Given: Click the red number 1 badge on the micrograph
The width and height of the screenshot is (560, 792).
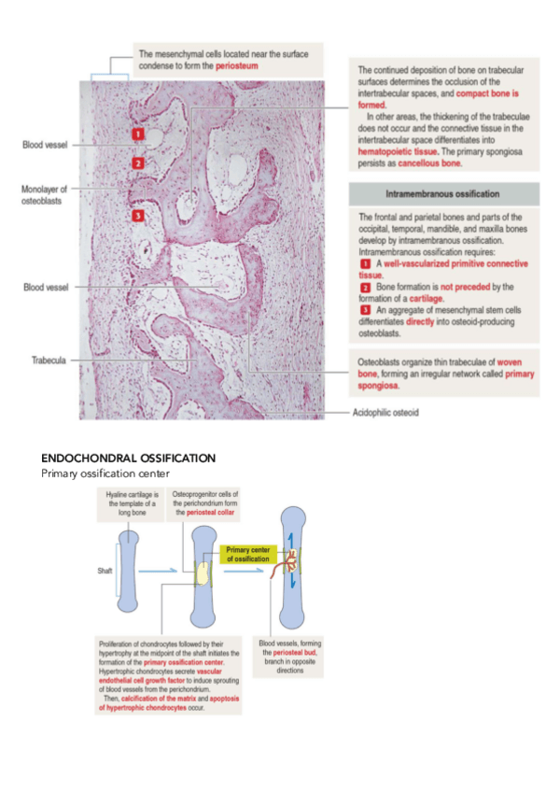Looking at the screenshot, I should point(137,134).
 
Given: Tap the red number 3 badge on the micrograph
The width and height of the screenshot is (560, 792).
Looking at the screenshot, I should point(137,216).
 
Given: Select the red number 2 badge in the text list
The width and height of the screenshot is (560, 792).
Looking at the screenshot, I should point(364,286).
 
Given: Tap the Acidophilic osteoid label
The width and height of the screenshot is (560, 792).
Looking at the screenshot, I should point(385,412).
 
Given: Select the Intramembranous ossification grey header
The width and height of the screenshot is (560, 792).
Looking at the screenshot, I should point(443,194).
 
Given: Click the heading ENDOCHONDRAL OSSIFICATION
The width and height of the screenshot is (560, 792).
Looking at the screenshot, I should point(129,459).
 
